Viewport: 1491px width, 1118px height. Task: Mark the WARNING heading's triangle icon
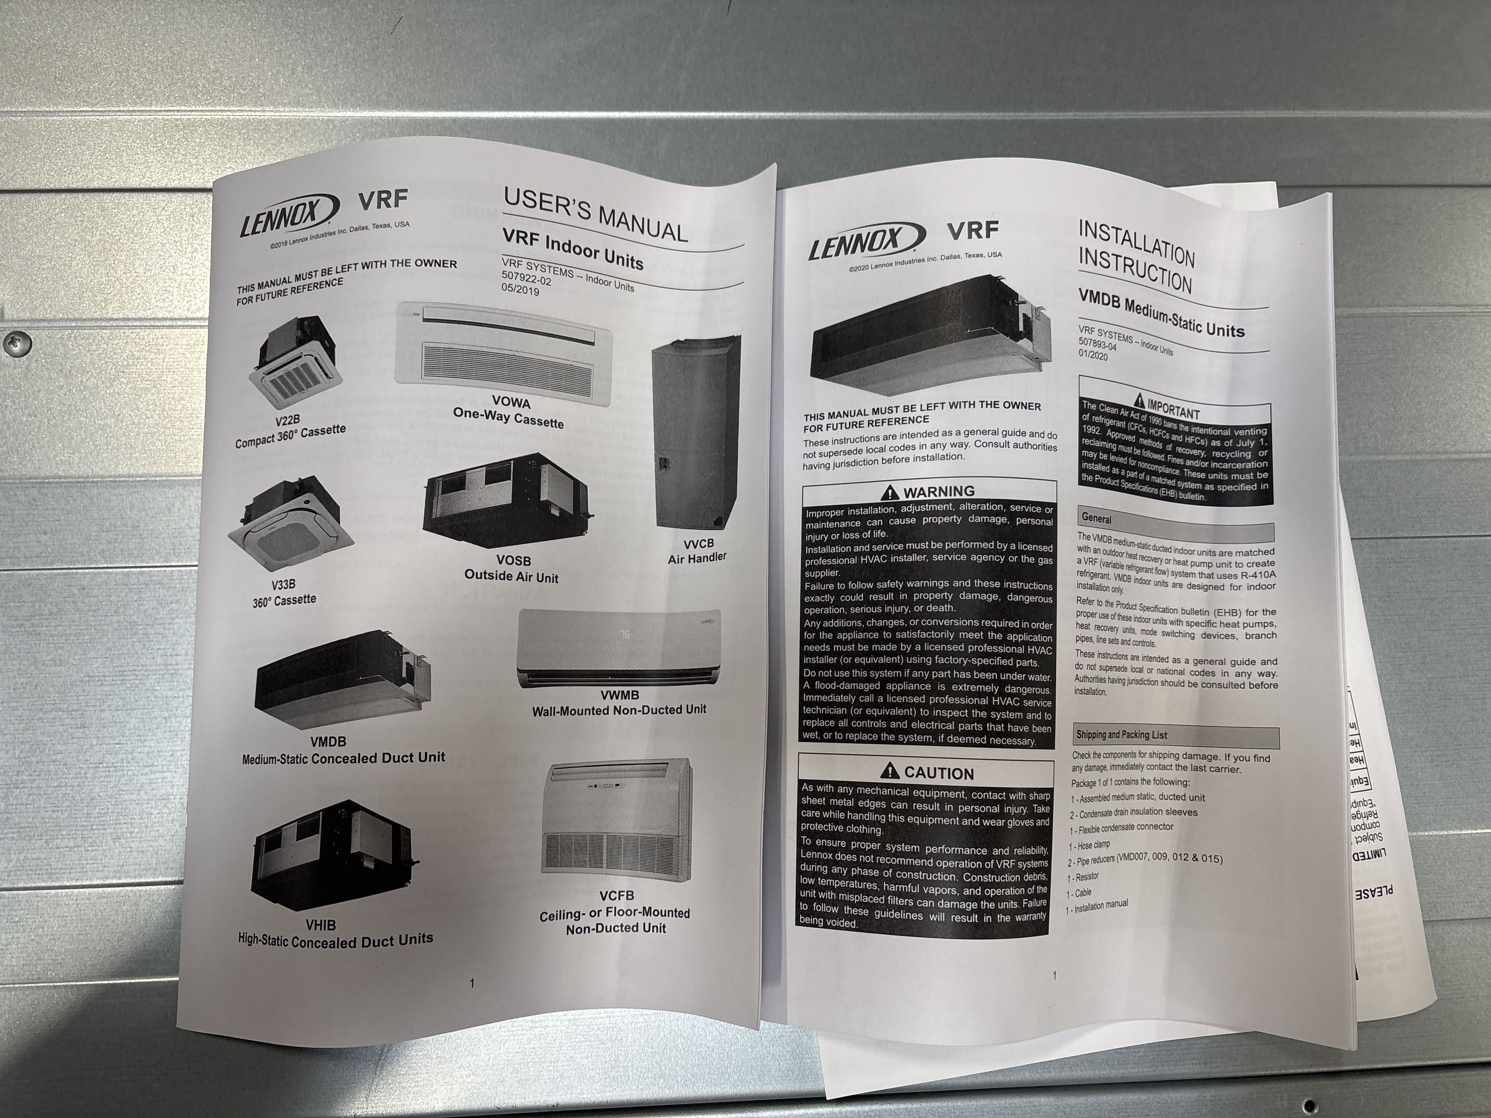coord(890,492)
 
